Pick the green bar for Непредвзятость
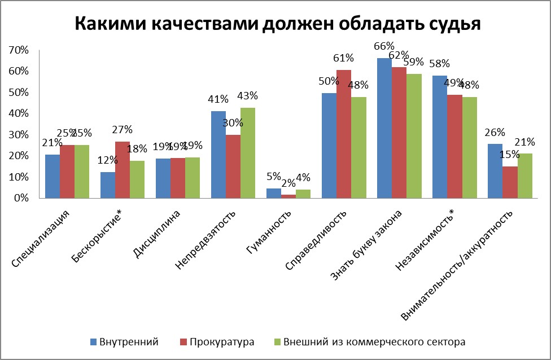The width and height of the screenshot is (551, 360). click(248, 153)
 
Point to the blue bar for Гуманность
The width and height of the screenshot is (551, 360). click(274, 194)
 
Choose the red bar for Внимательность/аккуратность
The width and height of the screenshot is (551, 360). click(510, 182)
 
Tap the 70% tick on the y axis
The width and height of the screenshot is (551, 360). click(19, 50)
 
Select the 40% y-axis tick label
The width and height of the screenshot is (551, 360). click(19, 113)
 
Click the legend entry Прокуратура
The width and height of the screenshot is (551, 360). click(222, 342)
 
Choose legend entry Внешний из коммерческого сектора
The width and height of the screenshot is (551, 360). click(374, 342)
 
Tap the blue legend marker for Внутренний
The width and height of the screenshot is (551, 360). click(94, 342)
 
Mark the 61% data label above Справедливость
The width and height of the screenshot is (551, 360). click(343, 58)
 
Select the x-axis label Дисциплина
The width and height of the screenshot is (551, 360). click(159, 234)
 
